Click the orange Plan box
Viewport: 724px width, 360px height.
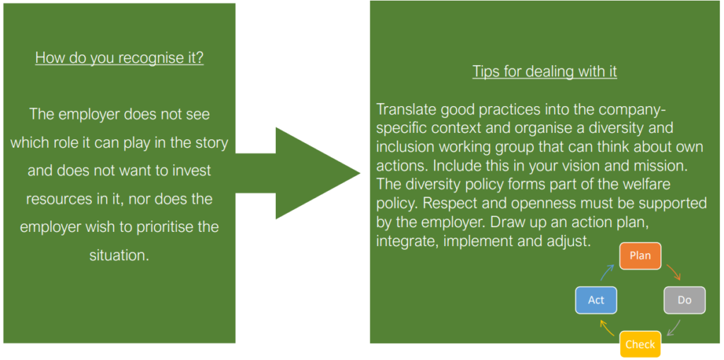point(640,256)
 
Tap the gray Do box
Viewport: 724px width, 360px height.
point(684,300)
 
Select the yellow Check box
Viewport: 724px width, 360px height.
point(640,344)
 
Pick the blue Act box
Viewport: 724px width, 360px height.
point(596,300)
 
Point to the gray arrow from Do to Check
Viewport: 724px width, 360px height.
point(675,327)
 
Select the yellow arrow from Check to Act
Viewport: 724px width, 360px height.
point(606,327)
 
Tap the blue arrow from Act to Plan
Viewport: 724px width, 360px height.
point(607,272)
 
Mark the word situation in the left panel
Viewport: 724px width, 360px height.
point(119,255)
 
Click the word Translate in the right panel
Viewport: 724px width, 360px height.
point(407,110)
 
